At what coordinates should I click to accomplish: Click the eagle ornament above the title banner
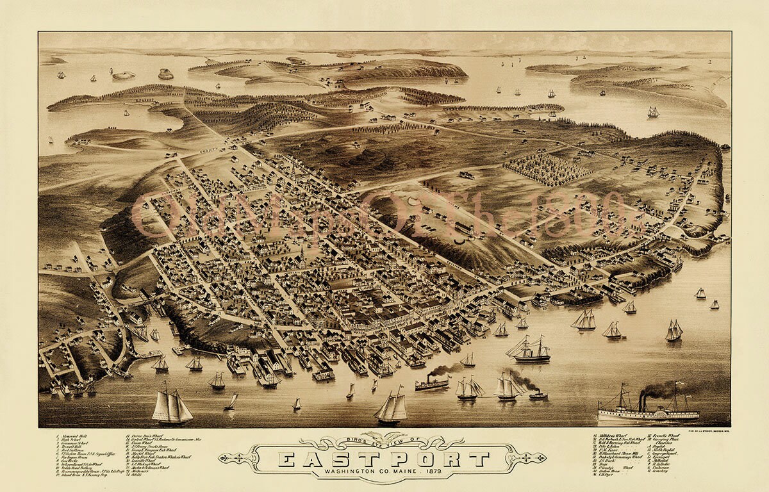[383, 437]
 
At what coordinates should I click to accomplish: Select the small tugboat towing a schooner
[538, 396]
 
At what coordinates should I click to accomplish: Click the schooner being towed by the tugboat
[508, 388]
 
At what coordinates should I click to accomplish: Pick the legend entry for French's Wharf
[666, 435]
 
